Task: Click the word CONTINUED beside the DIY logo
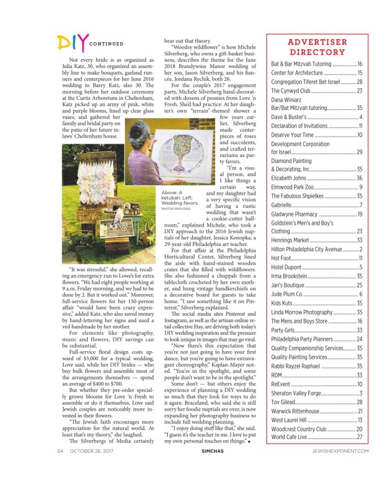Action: click(x=106, y=44)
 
